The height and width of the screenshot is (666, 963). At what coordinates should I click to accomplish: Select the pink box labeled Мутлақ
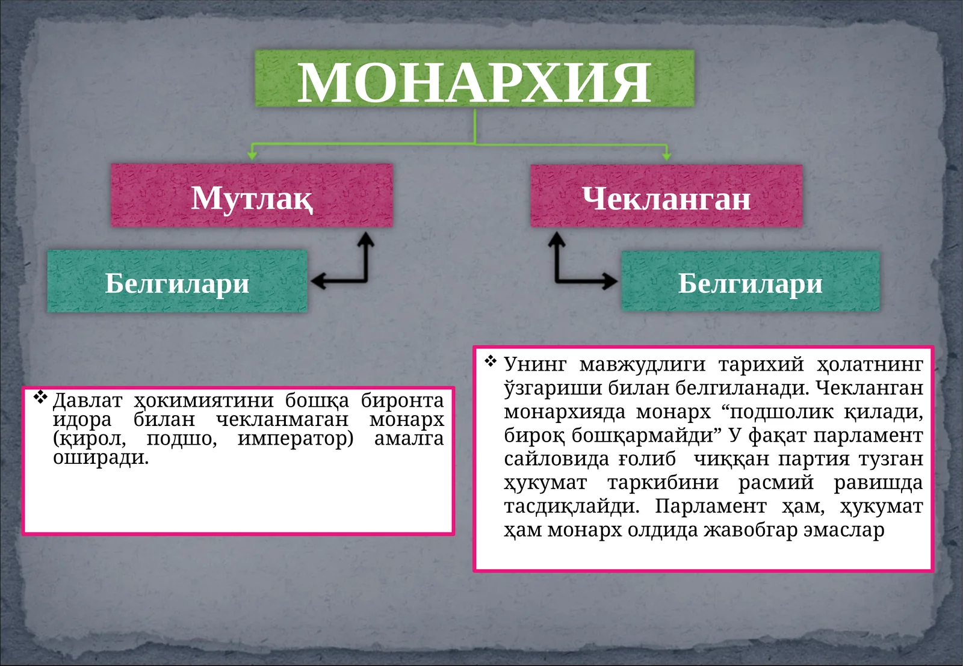pyautogui.click(x=252, y=196)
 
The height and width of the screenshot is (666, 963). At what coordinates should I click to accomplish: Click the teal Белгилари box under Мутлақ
pyautogui.click(x=177, y=282)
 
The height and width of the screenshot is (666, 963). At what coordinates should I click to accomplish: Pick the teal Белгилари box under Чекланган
pyautogui.click(x=750, y=282)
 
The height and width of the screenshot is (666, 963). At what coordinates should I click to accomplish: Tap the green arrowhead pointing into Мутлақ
pyautogui.click(x=252, y=155)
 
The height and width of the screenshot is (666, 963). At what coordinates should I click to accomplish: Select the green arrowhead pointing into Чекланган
pyautogui.click(x=666, y=155)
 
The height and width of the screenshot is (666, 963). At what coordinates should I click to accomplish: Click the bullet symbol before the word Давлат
pyautogui.click(x=40, y=397)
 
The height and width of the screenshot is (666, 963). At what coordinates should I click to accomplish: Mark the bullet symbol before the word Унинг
pyautogui.click(x=491, y=361)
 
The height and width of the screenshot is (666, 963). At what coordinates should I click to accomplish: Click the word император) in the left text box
pyautogui.click(x=296, y=439)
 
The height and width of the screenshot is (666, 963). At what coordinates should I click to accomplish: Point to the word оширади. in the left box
pyautogui.click(x=101, y=458)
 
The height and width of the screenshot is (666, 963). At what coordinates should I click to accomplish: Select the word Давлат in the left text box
pyautogui.click(x=87, y=400)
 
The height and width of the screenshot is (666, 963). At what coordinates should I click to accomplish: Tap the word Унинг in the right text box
pyautogui.click(x=535, y=364)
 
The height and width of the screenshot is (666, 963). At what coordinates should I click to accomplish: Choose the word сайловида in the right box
pyautogui.click(x=555, y=459)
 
